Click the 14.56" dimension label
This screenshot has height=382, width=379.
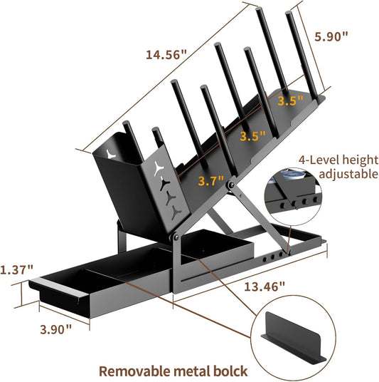(x=166, y=54)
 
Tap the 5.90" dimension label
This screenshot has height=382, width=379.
(x=331, y=36)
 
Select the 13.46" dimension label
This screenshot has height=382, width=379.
(x=265, y=286)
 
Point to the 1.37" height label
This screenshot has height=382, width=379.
(x=16, y=269)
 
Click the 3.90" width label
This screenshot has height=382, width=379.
(x=56, y=330)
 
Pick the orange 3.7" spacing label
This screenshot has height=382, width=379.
(x=210, y=181)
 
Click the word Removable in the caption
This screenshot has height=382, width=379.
(x=134, y=371)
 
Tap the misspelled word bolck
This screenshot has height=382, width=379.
(x=230, y=371)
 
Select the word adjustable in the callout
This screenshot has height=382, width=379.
(x=348, y=175)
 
